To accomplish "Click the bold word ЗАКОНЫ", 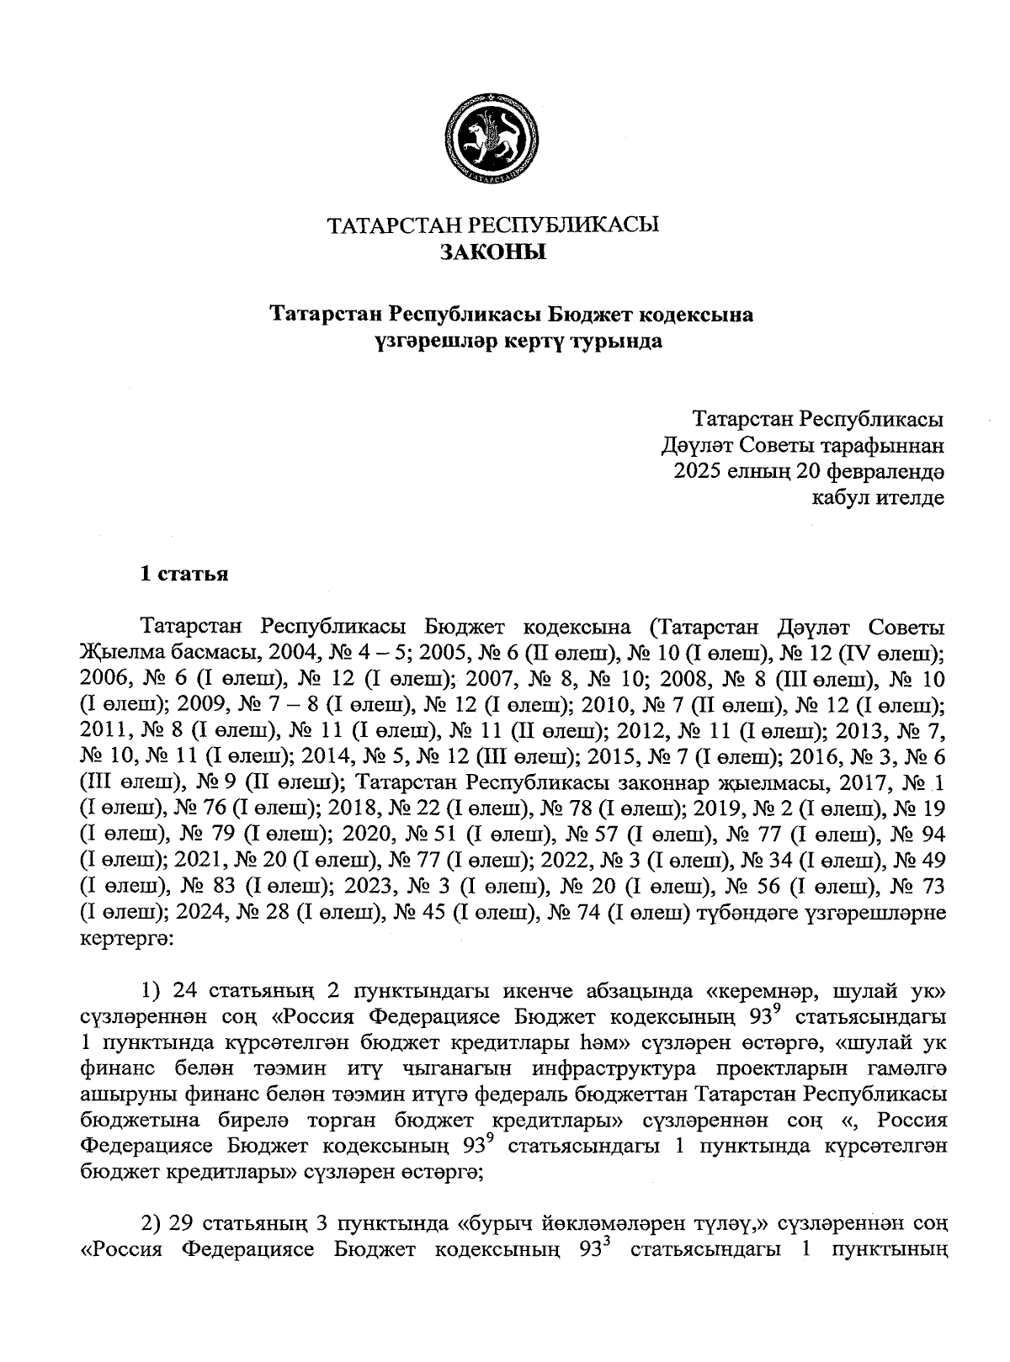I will click(492, 252).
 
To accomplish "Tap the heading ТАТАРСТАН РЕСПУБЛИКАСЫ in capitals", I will click(492, 225).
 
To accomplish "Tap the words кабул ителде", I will click(876, 497).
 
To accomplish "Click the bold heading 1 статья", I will click(184, 575).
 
